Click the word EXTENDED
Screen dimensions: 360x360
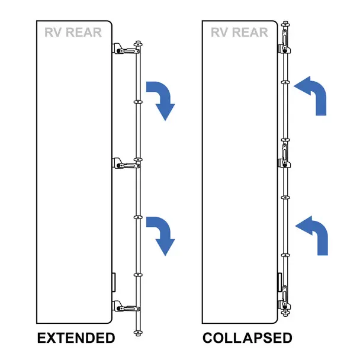(x=75, y=338)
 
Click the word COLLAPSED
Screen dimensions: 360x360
(x=247, y=338)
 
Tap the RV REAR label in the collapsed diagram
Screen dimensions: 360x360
(x=240, y=32)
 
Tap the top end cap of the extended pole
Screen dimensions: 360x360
(x=139, y=43)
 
